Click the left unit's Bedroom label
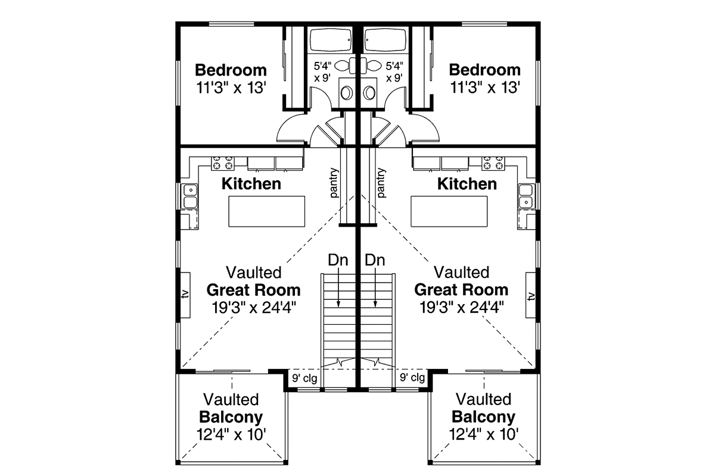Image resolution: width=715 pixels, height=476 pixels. [231, 70]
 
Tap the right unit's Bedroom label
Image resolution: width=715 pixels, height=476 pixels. [484, 70]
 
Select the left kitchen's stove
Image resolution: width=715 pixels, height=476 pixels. [222, 163]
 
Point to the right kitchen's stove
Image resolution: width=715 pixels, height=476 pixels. [493, 163]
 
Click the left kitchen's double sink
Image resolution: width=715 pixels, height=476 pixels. [190, 196]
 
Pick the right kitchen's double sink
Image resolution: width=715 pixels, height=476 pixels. [526, 196]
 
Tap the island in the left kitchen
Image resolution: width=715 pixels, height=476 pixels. [266, 211]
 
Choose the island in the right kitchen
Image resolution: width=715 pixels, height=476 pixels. [449, 211]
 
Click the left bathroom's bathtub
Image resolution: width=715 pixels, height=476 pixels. [331, 40]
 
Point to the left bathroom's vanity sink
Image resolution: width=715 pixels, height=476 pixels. [347, 93]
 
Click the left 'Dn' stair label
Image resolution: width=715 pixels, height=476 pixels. [338, 260]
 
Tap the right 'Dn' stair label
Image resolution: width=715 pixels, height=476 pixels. [375, 260]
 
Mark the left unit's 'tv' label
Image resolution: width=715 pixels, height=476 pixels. [185, 295]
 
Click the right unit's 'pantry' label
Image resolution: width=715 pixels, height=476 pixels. [381, 183]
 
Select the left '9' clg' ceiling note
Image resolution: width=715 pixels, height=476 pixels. [305, 378]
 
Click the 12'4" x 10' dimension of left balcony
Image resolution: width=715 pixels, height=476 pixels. [231, 434]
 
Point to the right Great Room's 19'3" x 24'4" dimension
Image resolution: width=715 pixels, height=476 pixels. [462, 308]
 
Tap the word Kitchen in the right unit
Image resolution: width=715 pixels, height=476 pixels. [467, 184]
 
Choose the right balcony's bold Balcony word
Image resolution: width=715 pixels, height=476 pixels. [484, 417]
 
